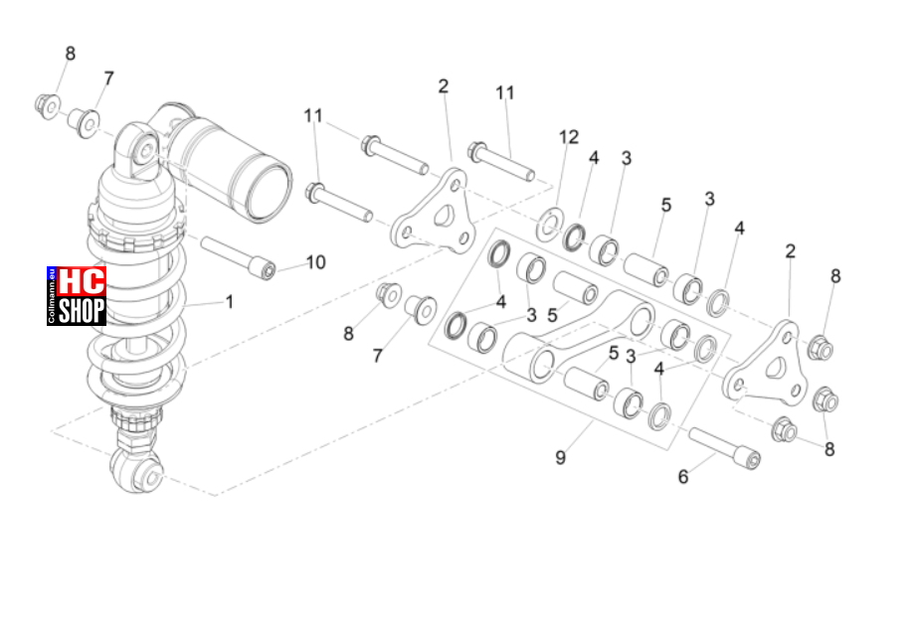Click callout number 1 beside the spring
230,302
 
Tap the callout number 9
560,457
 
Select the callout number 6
683,477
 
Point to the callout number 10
315,262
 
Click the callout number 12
569,137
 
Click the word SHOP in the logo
82,310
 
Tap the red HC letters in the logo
82,281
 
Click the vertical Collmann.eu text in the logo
52,296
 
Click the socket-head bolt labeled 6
724,447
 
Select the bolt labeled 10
239,256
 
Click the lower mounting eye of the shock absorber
138,470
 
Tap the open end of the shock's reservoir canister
267,190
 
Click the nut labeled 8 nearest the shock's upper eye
48,106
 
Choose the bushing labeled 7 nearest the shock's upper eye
84,122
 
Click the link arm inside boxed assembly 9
578,335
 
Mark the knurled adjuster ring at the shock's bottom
135,417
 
